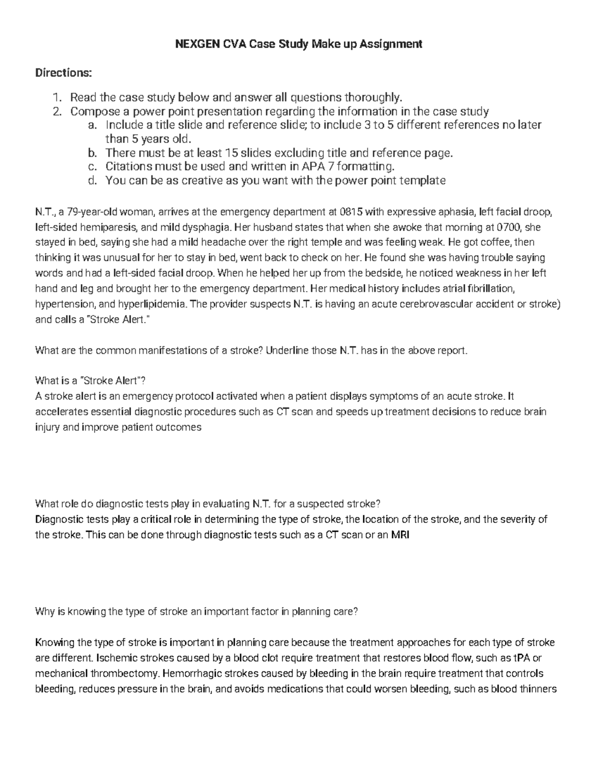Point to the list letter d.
click(x=91, y=180)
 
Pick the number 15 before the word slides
click(x=232, y=153)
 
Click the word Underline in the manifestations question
click(x=287, y=350)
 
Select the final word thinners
click(x=539, y=689)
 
